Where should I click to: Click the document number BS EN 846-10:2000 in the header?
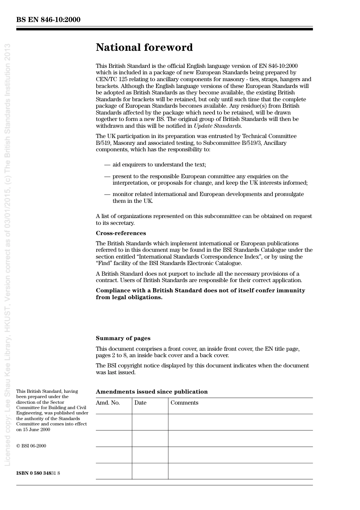[48, 20]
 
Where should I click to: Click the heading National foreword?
[144, 47]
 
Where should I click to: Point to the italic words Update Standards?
[218, 126]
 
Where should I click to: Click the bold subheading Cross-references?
[121, 233]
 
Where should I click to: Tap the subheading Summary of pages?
[123, 338]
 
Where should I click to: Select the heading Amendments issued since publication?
[152, 392]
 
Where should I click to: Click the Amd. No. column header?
[108, 403]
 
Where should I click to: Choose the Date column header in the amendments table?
[140, 403]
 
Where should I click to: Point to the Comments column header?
[184, 403]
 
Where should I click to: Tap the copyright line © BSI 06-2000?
[31, 446]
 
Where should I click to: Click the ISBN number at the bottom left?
[38, 473]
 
